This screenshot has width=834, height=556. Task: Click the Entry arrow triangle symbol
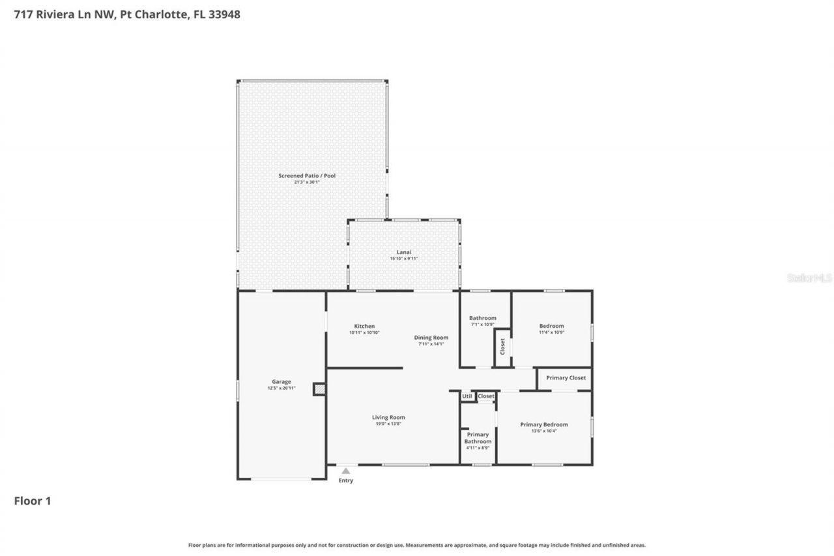click(x=346, y=471)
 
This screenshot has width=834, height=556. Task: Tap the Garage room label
click(x=281, y=382)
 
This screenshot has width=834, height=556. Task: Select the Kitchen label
click(x=364, y=326)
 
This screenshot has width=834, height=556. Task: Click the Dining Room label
click(x=431, y=338)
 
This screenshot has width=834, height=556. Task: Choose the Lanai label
click(x=404, y=252)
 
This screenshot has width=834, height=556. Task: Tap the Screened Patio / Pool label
click(x=307, y=176)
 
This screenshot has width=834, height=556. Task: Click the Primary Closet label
click(x=566, y=378)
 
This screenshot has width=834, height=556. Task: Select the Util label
click(x=467, y=396)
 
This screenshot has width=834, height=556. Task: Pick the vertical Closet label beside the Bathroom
click(x=502, y=347)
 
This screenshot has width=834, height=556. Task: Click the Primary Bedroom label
click(x=544, y=424)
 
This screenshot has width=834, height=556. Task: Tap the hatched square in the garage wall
click(x=319, y=389)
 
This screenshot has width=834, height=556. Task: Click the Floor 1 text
click(x=33, y=501)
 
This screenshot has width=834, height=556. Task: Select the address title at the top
click(x=127, y=14)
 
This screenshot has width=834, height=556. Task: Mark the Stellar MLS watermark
click(x=809, y=278)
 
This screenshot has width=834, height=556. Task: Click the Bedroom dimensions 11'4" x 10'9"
click(x=551, y=332)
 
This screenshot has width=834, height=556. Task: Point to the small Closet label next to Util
click(x=486, y=396)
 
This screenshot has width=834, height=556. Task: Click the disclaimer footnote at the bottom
click(x=417, y=545)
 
